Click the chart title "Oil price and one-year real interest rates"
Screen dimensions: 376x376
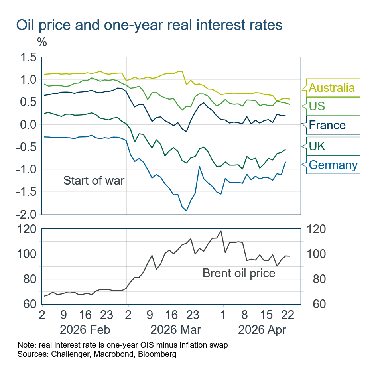coord(149,25)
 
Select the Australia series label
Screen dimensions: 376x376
coord(332,87)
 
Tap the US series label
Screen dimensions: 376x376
coord(317,106)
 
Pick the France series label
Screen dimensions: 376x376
coord(327,125)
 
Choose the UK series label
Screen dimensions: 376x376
coord(317,146)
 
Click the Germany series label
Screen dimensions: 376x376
coord(333,165)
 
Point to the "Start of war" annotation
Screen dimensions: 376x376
coord(94,181)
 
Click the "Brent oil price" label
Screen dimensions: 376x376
coord(239,273)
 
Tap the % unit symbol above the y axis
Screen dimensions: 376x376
coord(42,42)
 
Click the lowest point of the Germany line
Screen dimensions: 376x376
coord(187,211)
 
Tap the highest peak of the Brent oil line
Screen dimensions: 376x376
coord(221,231)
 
